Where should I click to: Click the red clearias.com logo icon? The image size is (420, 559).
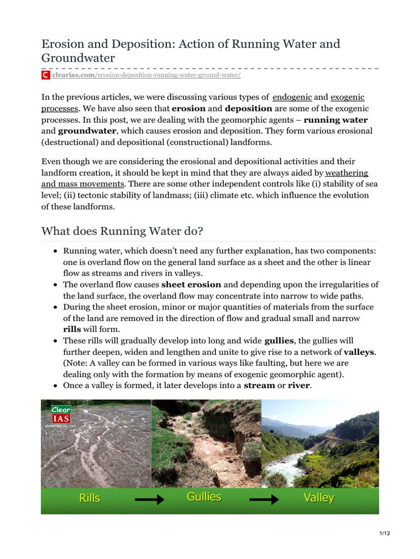pos(46,75)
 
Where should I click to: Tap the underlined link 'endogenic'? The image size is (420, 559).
pos(292,97)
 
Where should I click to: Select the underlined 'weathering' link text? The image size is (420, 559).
pos(346,173)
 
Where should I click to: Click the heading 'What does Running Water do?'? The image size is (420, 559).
pos(122,231)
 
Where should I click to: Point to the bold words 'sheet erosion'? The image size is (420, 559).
pos(191,284)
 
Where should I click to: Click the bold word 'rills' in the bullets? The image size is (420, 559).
pos(72,329)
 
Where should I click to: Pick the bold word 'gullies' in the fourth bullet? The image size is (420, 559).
pos(279,341)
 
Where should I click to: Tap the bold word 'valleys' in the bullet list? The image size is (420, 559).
pos(359,352)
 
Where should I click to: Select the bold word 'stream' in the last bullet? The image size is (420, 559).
pos(259,385)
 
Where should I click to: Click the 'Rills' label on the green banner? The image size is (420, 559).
pos(89,498)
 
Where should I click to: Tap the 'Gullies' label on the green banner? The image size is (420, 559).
pos(204,497)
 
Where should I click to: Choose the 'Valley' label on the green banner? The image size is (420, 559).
pos(318,498)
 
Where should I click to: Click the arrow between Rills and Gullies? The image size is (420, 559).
pos(149,499)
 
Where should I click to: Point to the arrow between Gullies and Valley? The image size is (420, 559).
pos(264,499)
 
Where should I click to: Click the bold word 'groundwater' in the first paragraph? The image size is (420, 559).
pos(87,131)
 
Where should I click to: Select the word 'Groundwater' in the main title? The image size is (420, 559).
pos(77,57)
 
